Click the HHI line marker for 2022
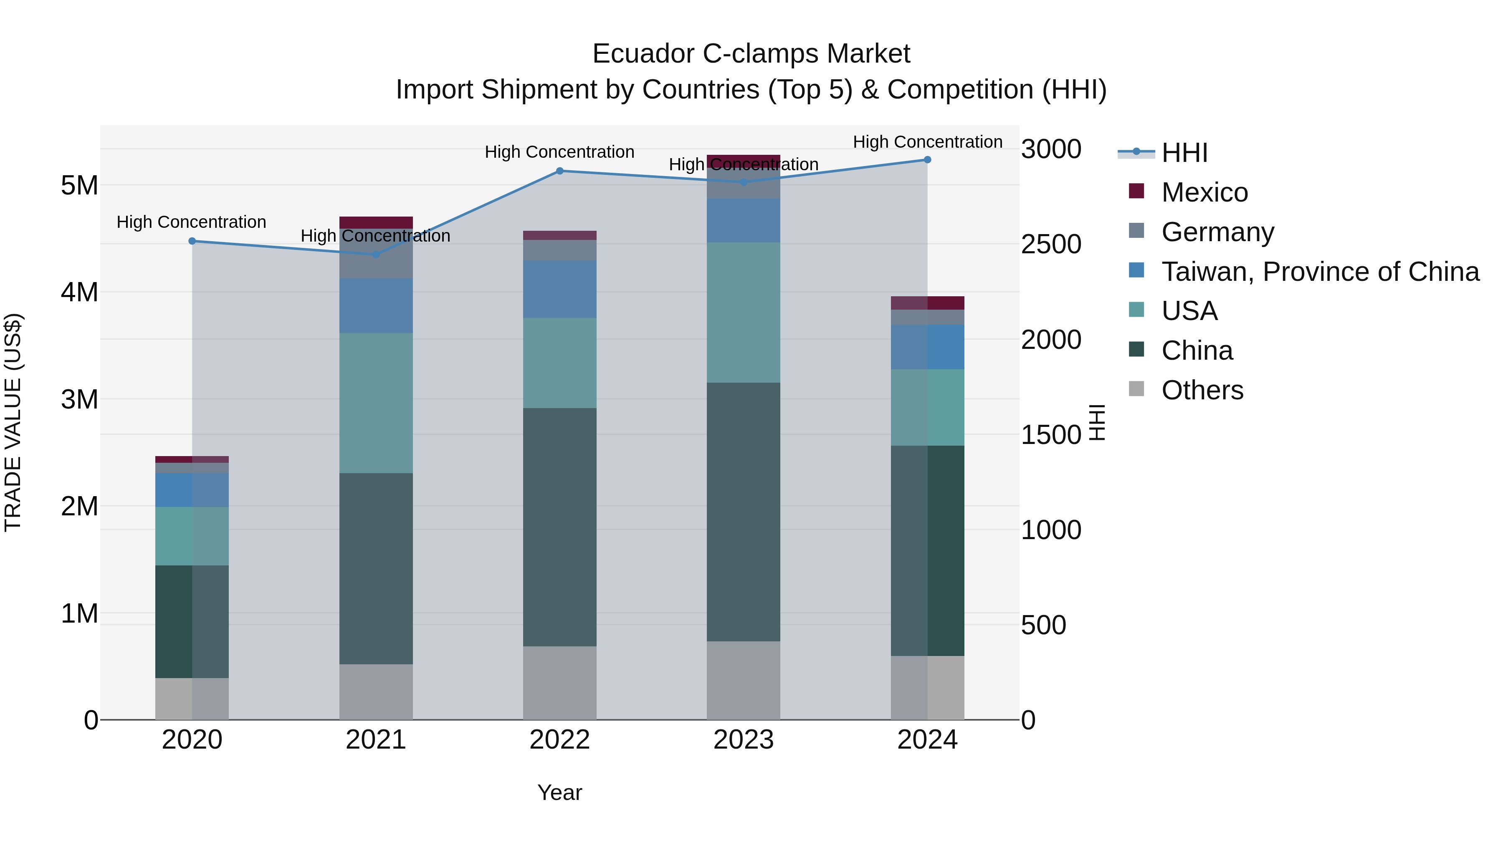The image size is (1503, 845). click(559, 171)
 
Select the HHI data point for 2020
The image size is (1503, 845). click(192, 241)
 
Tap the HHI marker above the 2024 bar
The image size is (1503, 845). click(927, 160)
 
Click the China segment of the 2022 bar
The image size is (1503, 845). click(559, 527)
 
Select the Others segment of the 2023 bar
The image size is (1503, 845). click(743, 680)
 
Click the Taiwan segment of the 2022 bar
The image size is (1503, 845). click(559, 289)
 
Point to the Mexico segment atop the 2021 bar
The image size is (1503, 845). click(376, 222)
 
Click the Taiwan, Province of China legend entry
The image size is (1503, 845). click(1320, 272)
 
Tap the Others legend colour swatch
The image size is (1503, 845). click(1136, 389)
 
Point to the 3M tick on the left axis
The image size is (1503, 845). click(79, 399)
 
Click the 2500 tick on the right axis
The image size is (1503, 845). click(1051, 245)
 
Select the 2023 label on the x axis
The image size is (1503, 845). click(743, 740)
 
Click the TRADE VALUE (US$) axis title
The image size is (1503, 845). click(13, 422)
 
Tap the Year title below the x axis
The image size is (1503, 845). click(559, 792)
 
